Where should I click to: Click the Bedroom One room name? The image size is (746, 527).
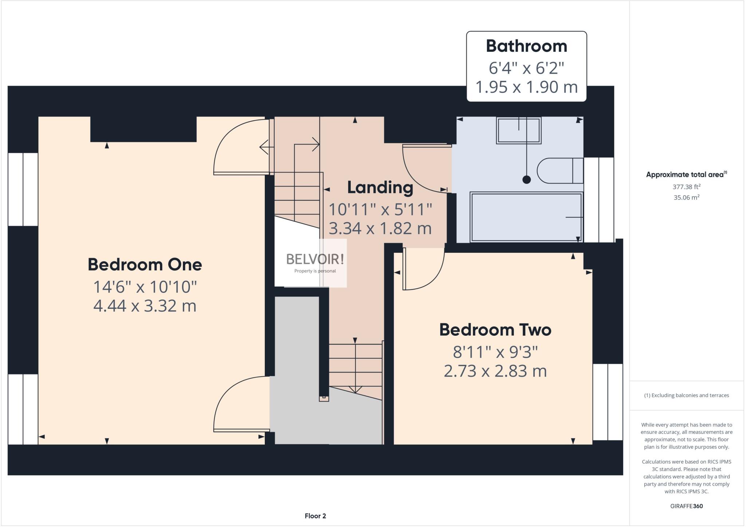tap(145, 264)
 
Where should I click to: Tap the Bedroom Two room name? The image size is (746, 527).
tap(495, 330)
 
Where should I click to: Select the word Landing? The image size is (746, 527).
tap(380, 188)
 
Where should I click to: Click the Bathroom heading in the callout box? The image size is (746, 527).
tap(526, 46)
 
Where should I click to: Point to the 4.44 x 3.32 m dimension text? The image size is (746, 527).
tap(145, 306)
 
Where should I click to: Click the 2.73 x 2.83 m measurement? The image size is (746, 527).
tap(495, 371)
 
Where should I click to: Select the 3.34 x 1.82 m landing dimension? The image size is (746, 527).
tap(380, 228)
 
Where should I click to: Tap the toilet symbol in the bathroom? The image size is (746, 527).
tap(559, 170)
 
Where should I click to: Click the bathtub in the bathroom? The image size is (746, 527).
tap(526, 217)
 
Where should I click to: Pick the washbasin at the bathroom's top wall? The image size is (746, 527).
tap(518, 130)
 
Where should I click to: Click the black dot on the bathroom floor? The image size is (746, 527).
tap(526, 179)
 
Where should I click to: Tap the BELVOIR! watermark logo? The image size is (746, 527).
tap(315, 260)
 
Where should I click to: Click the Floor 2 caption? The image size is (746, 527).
tap(315, 516)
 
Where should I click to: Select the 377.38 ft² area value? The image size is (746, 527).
tap(686, 187)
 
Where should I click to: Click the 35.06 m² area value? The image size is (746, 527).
tap(686, 197)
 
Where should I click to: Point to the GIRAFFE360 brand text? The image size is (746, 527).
tap(686, 506)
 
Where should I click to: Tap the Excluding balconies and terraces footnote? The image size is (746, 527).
tap(686, 395)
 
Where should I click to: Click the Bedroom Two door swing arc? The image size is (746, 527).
tap(433, 280)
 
